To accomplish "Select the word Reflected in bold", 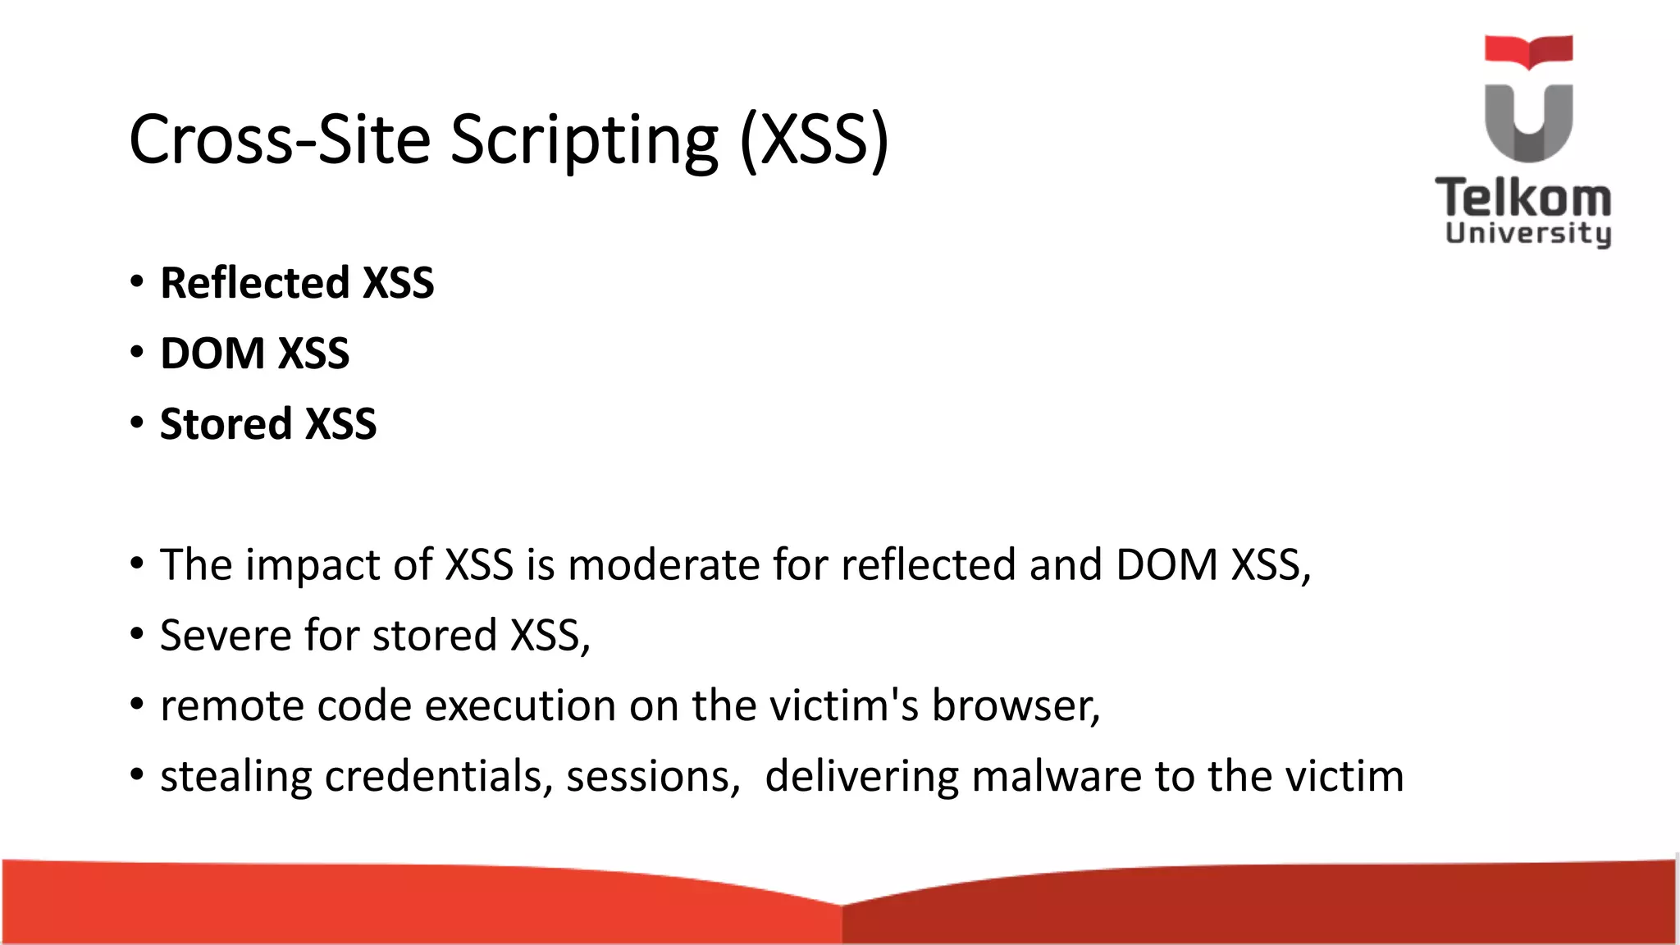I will pos(255,283).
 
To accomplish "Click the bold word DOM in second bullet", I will pos(212,354).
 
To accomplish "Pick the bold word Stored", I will pos(226,424).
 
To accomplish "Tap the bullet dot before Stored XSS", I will pos(137,424).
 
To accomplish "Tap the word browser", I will pos(1014,706).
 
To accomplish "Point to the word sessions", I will pos(653,777).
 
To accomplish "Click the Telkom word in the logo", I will pos(1523,199).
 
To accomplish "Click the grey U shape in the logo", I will pos(1528,123).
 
